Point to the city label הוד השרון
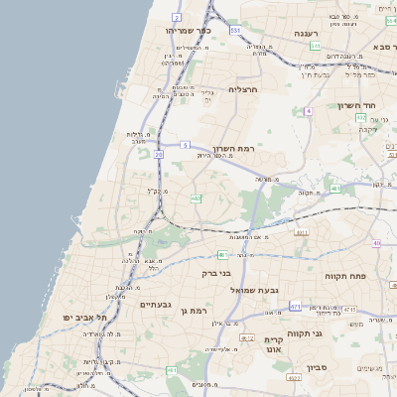353,105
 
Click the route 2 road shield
177,18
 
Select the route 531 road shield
235,31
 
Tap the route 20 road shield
159,155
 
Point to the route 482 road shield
196,198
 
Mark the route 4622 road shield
294,378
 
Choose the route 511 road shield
314,46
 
